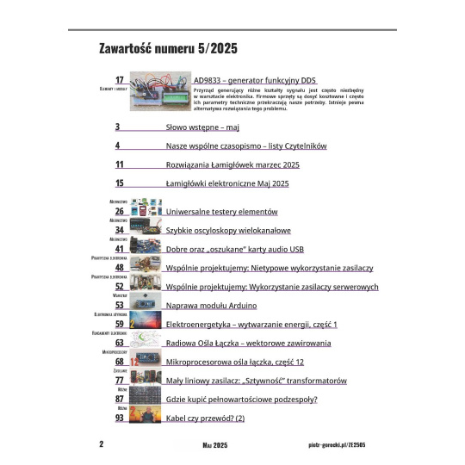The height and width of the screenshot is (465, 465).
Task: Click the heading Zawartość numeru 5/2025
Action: pyautogui.click(x=168, y=47)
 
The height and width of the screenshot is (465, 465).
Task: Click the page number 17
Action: pyautogui.click(x=120, y=79)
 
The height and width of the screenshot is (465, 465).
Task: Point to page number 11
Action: pyautogui.click(x=120, y=164)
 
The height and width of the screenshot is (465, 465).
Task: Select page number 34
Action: pyautogui.click(x=120, y=231)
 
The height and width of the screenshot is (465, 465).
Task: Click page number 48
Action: pyautogui.click(x=120, y=268)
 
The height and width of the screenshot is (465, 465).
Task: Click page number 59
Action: pyautogui.click(x=120, y=324)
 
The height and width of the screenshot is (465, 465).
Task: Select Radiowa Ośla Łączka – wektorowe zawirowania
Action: pyautogui.click(x=248, y=343)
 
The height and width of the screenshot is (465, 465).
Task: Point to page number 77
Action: pyautogui.click(x=120, y=380)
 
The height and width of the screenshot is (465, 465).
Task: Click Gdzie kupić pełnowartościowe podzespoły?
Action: pyautogui.click(x=241, y=399)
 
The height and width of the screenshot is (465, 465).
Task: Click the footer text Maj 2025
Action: pyautogui.click(x=214, y=444)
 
